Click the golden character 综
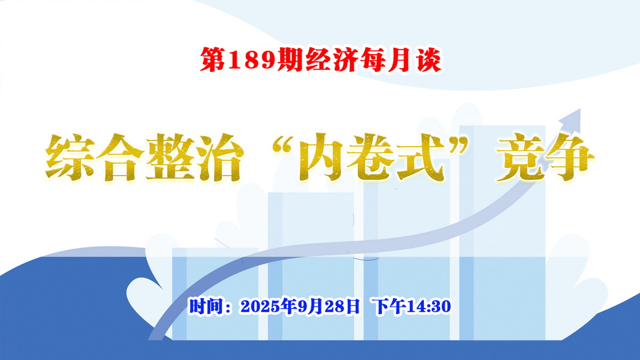[70, 157]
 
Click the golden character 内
[323, 157]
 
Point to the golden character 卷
[371, 157]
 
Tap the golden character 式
[421, 157]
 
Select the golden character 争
[570, 157]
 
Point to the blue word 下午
[389, 306]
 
